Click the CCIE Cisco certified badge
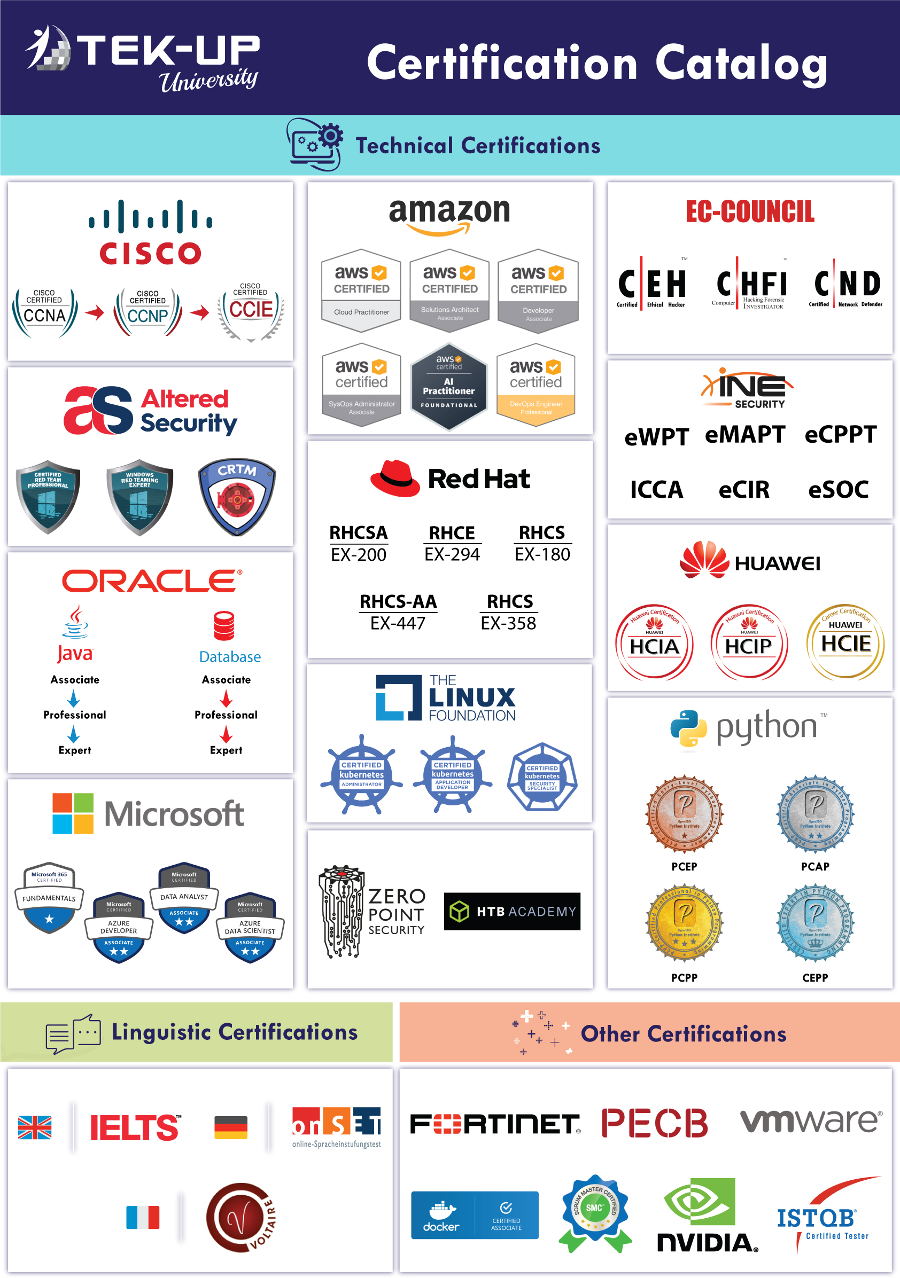251,312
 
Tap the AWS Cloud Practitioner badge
361,290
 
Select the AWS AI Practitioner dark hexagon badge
449,387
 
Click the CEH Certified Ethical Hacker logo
651,284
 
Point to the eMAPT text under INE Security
744,434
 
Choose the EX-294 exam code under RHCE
452,554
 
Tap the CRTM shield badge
237,496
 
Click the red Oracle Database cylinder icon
224,626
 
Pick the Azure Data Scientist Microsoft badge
250,928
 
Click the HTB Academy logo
512,911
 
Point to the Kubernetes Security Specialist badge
542,777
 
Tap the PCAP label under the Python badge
815,867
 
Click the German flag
230,1127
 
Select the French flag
143,1217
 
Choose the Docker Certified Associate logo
475,1215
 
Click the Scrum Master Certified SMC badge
595,1212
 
